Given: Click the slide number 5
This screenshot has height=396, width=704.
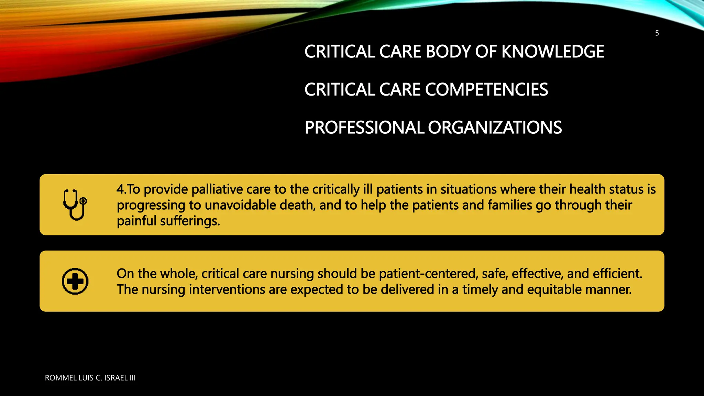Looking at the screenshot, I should click(x=657, y=33).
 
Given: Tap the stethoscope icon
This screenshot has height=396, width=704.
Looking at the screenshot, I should click(x=75, y=205).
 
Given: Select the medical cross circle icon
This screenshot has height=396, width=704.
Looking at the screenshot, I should click(x=75, y=281).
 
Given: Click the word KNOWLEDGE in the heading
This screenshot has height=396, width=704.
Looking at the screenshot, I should click(x=553, y=52).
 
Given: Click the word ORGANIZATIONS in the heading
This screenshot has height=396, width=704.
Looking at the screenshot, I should click(x=495, y=128).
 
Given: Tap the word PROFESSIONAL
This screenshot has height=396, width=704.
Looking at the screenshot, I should click(x=364, y=128).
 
